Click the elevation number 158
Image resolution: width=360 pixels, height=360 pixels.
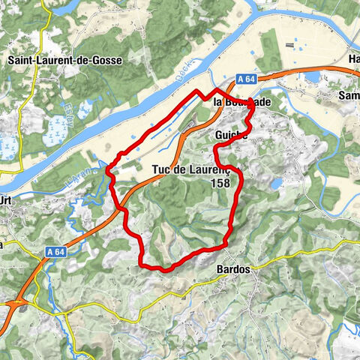(220, 182)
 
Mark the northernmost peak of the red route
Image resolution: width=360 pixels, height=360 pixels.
(199, 91)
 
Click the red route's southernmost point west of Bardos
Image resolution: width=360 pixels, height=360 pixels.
(160, 268)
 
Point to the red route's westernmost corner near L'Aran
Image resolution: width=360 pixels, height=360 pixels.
(109, 172)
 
